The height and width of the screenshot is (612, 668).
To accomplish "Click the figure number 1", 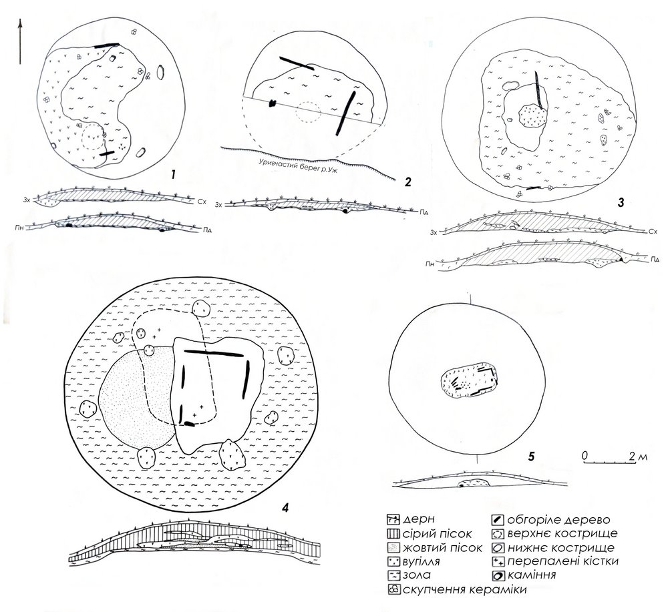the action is click(173, 174).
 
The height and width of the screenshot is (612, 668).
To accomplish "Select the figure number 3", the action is click(621, 203).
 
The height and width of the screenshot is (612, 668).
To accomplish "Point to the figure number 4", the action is click(285, 507).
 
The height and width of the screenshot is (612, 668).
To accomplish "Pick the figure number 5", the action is click(531, 456).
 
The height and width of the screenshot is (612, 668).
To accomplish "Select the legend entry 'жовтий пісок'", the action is click(442, 547).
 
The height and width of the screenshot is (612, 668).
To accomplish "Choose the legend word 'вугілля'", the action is click(421, 561).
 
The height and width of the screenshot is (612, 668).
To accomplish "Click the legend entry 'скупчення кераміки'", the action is click(464, 589).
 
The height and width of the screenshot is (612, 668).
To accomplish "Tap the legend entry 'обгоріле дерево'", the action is click(558, 520).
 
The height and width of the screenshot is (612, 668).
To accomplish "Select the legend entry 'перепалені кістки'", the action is click(562, 561).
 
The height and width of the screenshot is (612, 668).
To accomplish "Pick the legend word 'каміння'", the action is click(531, 575).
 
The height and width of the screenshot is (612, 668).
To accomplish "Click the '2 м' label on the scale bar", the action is click(638, 456).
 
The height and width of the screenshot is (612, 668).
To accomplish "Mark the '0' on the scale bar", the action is click(585, 455).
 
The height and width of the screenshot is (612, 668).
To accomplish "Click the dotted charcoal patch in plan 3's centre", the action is click(532, 115).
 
